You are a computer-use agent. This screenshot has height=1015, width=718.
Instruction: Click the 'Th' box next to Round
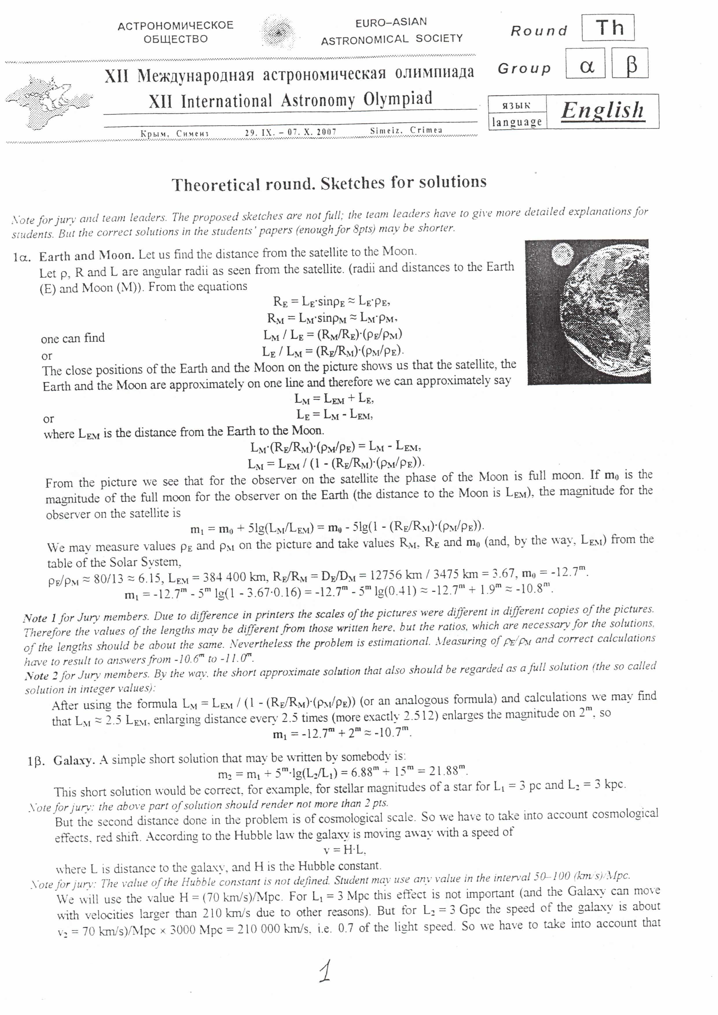pos(608,28)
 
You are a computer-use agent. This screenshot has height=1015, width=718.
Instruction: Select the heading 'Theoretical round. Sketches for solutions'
pos(329,183)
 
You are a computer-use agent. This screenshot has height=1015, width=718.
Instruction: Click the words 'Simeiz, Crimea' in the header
pos(406,131)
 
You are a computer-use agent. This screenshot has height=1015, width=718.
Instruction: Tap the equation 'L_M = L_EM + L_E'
pos(334,399)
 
